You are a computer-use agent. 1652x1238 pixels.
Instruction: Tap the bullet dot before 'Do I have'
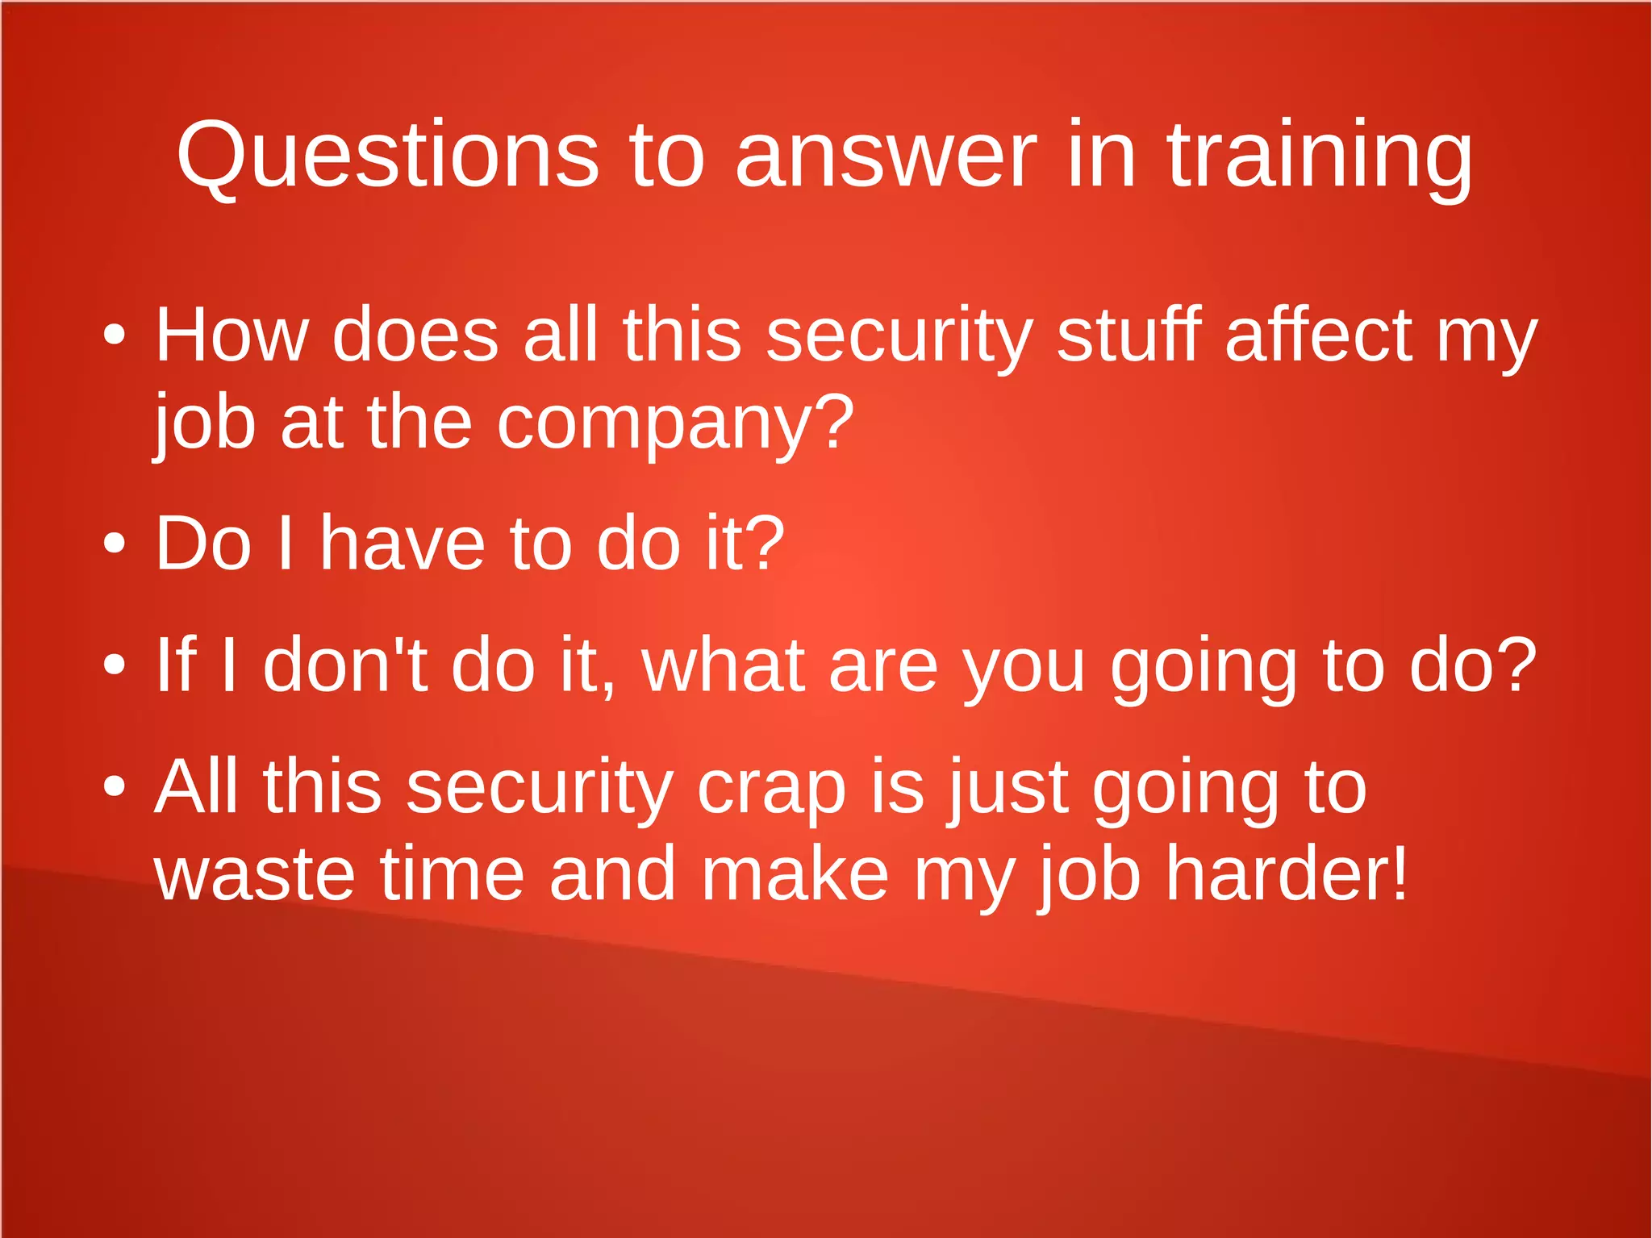[x=115, y=543]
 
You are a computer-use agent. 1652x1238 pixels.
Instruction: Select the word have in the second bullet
[x=403, y=543]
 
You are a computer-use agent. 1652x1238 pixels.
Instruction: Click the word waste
[x=254, y=874]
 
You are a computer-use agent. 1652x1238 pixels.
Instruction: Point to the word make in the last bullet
[x=795, y=874]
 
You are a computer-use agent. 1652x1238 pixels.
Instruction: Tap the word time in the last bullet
[x=452, y=874]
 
